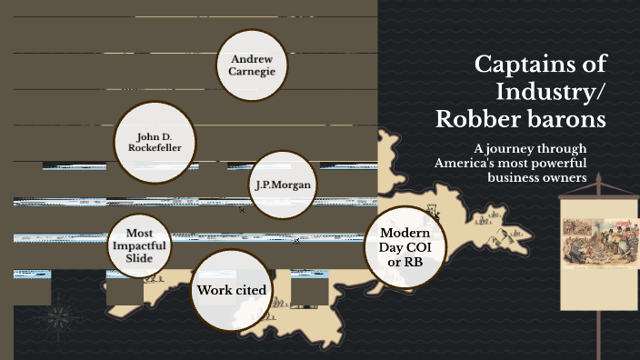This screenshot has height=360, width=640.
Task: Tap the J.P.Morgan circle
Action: (x=284, y=185)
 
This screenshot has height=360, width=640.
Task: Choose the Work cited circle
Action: (x=232, y=290)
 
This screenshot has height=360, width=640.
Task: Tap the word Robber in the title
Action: (x=479, y=119)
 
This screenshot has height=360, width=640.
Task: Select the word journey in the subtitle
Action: (x=514, y=148)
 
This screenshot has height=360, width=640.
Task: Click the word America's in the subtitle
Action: (x=469, y=163)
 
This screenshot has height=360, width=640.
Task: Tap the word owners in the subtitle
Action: (x=566, y=177)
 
